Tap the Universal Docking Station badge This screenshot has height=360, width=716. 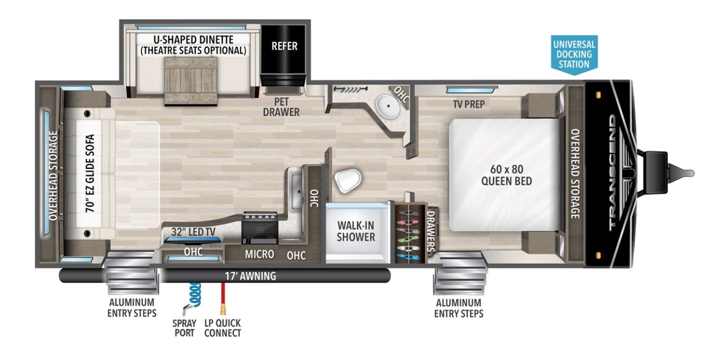pos(574,55)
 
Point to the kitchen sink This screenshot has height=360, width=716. pos(297,190)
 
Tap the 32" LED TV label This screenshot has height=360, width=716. pos(193,232)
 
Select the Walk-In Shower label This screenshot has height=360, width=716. pos(356,231)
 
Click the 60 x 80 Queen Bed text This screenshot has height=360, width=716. pos(507,175)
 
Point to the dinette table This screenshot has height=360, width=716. pos(191,81)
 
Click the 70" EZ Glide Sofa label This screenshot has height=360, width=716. pos(90,173)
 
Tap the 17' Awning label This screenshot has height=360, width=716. pos(250,276)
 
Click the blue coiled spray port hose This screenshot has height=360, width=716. pos(195,295)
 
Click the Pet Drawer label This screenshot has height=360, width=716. pos(281,107)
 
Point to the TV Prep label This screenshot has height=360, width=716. pos(468,104)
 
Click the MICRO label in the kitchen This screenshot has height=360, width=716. pos(259,254)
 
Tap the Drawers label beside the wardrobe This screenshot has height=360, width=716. pos(431,230)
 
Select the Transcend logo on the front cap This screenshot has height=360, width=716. pos(612,173)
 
